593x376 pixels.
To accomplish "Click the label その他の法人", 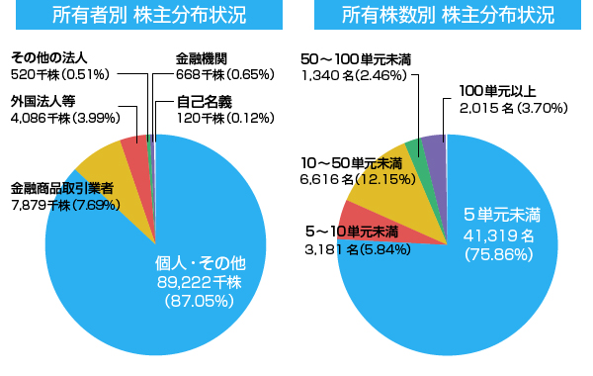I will (x=48, y=56).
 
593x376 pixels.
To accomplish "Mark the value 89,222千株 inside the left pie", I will (x=200, y=283).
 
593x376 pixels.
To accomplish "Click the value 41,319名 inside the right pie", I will (x=499, y=235).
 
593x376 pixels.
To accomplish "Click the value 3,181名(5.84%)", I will (x=359, y=249).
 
